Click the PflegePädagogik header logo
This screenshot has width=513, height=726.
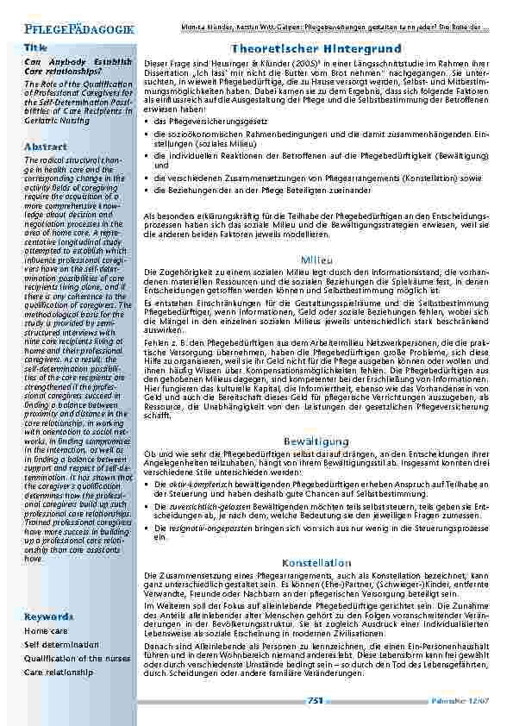pos(80,28)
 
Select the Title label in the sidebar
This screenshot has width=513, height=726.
pos(36,47)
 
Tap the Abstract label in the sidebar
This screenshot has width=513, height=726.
pos(46,147)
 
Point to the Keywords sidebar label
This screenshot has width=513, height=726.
pos(48,617)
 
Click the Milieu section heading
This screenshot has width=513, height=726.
pos(312,260)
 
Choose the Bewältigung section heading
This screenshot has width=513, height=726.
pos(312,441)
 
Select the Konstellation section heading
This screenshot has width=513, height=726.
pos(312,562)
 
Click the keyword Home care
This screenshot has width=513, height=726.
pos(46,631)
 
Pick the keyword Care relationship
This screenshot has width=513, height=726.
pos(58,671)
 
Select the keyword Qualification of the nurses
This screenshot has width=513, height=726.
pos(77,658)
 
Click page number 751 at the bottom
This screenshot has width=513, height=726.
pos(315,701)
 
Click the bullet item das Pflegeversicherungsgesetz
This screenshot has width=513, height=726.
pos(208,122)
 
